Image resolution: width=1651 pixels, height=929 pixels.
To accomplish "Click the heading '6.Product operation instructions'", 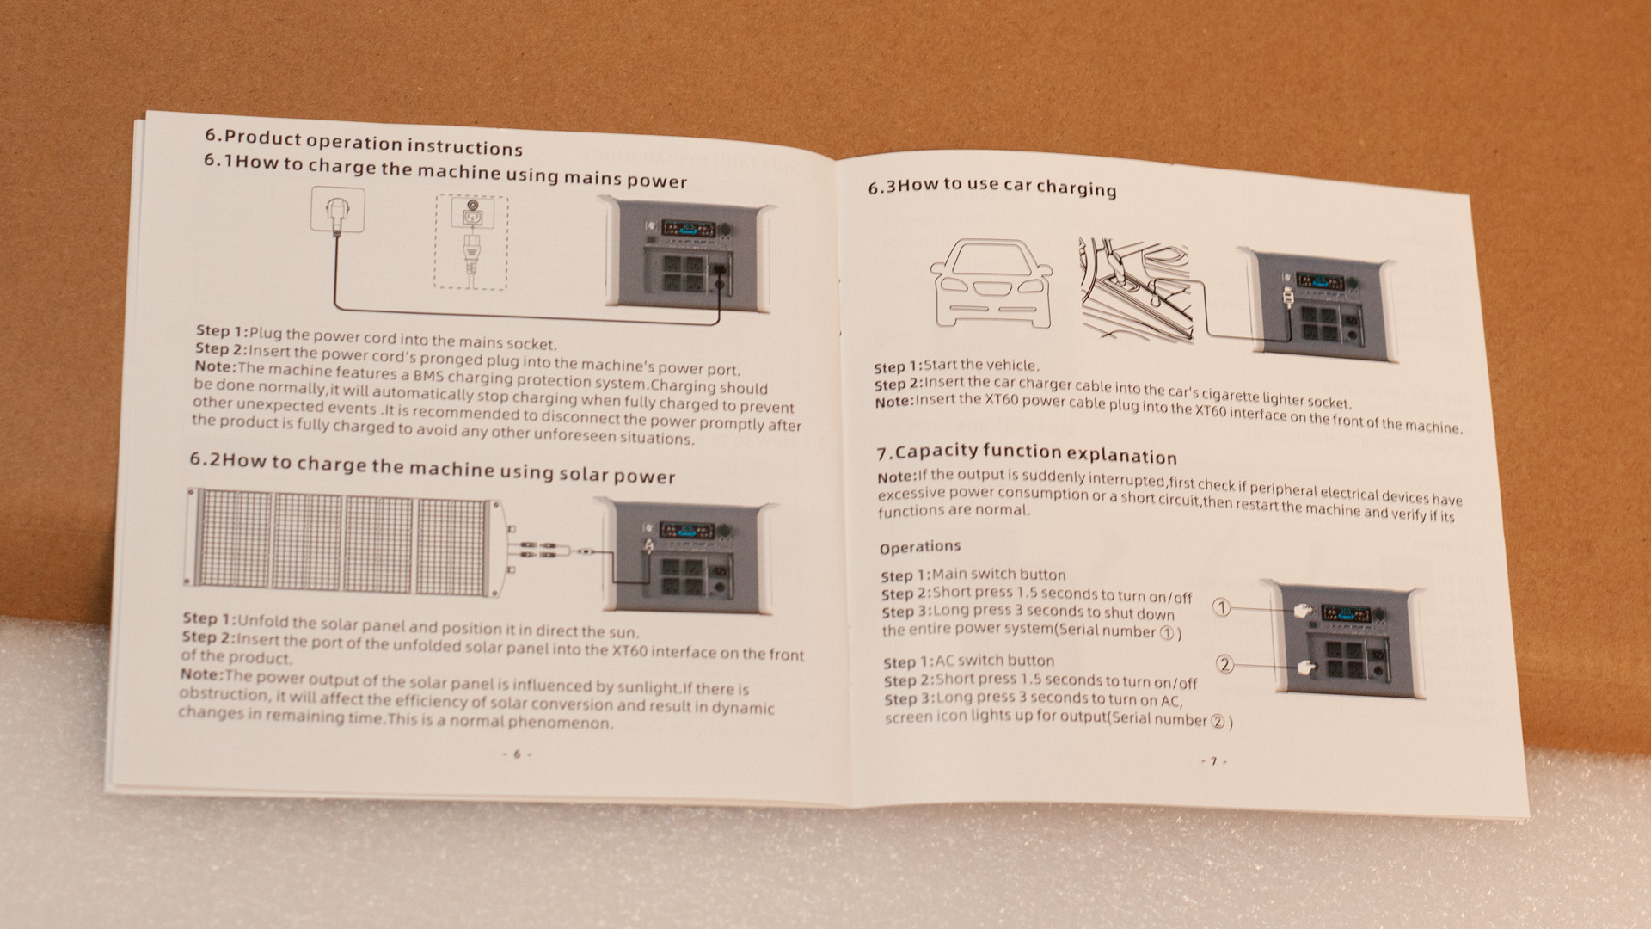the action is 364,142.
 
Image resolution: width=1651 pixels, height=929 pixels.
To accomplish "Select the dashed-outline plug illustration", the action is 471,242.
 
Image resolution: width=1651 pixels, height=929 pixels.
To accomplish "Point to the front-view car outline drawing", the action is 991,281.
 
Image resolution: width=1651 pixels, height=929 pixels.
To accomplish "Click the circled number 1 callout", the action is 1221,607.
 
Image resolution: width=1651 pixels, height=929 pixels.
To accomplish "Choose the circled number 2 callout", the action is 1224,663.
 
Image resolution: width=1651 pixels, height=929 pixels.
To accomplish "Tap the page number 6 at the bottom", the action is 517,754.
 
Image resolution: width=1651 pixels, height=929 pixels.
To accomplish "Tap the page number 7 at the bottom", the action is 1213,761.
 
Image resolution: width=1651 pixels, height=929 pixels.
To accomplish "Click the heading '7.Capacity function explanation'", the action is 1027,453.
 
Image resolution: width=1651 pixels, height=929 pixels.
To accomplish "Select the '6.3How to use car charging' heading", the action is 991,187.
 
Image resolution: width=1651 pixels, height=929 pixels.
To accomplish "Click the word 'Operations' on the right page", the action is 920,547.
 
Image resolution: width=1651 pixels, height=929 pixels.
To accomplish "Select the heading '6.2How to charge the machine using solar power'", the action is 433,469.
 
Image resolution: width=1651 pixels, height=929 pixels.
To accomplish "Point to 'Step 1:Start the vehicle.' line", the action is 956,366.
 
